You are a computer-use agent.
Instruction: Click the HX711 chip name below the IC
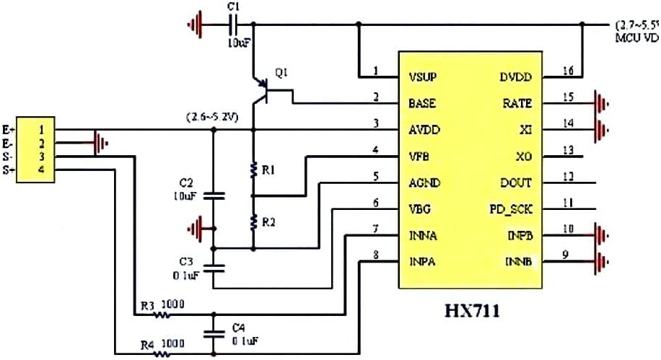pos(472,312)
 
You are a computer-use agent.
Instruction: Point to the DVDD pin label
pos(515,76)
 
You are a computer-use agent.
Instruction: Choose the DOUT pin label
pos(515,183)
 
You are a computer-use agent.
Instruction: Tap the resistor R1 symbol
pos(253,170)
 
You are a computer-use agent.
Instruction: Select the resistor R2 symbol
pos(253,221)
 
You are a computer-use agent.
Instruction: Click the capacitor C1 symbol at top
pos(232,25)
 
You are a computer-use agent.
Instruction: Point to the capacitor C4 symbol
pos(213,333)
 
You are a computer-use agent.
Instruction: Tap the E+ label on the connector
pos(8,130)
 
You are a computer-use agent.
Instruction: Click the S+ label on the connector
pos(8,169)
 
